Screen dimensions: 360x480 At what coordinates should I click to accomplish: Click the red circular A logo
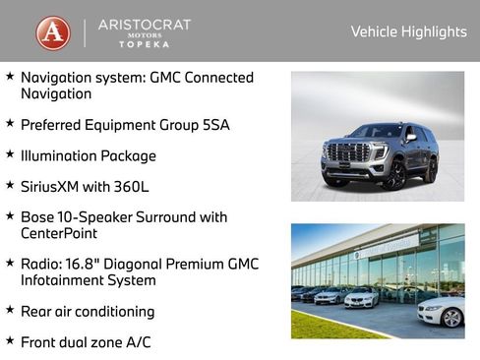pos(53,32)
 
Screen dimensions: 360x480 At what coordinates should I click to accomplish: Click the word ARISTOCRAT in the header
pos(145,24)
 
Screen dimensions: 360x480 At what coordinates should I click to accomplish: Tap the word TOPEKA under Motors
pos(145,45)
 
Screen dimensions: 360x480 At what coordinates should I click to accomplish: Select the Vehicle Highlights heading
pos(408,31)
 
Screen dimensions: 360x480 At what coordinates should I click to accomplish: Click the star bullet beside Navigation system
pos(10,76)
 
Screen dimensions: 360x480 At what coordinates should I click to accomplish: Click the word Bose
pos(38,216)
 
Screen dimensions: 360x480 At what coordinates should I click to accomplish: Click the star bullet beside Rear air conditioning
pos(10,310)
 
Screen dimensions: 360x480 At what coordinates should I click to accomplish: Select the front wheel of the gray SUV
pos(394,176)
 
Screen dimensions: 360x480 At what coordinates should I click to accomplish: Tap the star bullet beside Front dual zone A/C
pos(10,340)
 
